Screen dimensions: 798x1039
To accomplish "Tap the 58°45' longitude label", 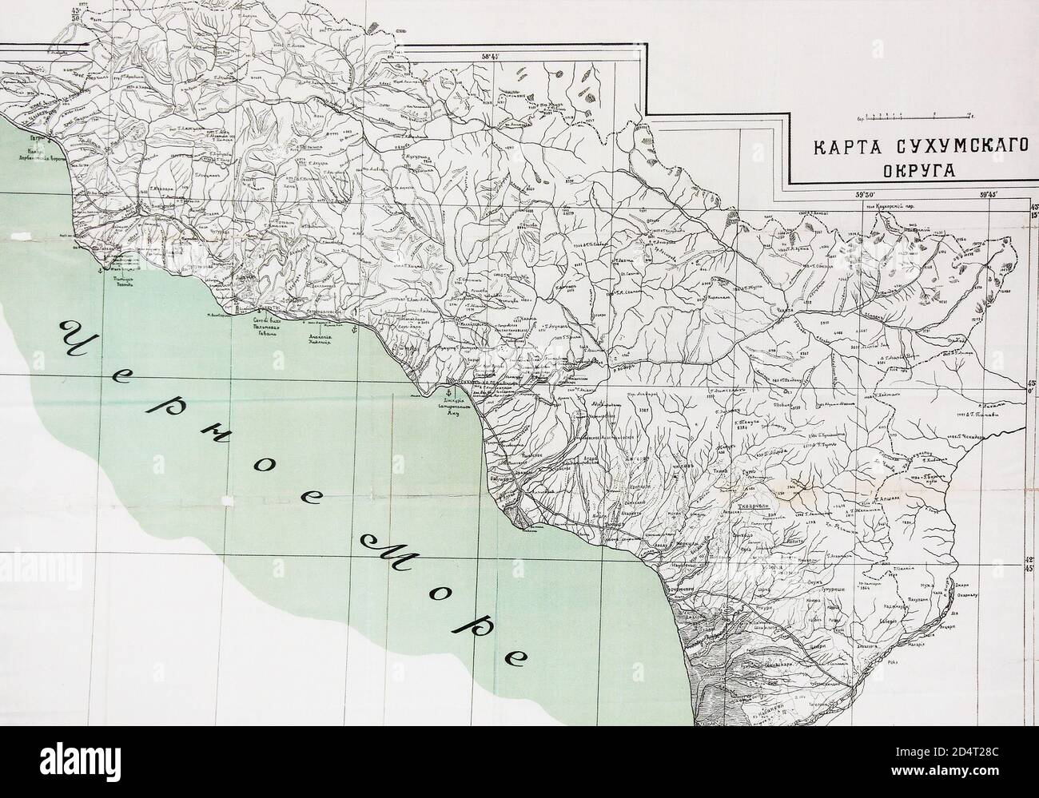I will click(489, 57).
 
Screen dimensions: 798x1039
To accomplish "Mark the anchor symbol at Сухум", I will click(450, 393).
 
